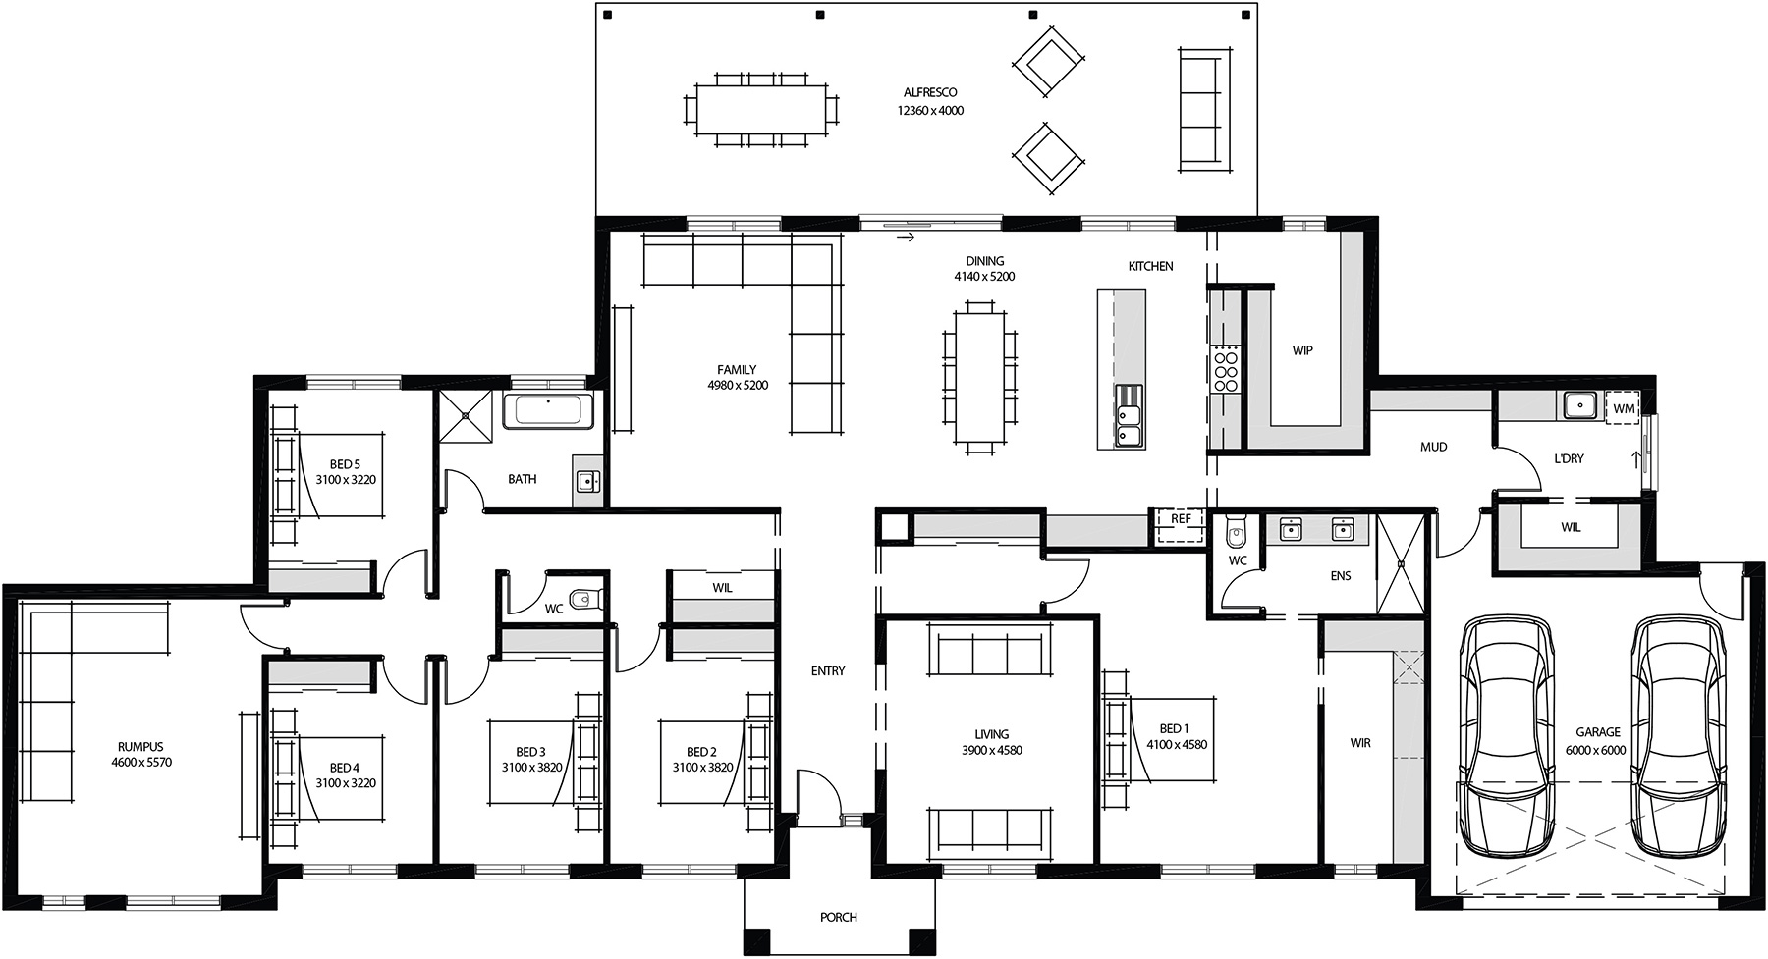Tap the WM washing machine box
[1624, 407]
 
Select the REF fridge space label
[1181, 519]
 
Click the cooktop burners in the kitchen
[1225, 369]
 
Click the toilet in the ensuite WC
[1237, 534]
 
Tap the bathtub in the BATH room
[548, 410]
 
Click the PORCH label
[839, 917]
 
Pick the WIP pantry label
[1302, 350]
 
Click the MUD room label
[1433, 447]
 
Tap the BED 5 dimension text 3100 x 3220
[346, 480]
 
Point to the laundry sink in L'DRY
[1578, 403]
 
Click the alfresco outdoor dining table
[761, 109]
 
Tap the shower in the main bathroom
[466, 417]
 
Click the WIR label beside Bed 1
[1360, 743]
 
